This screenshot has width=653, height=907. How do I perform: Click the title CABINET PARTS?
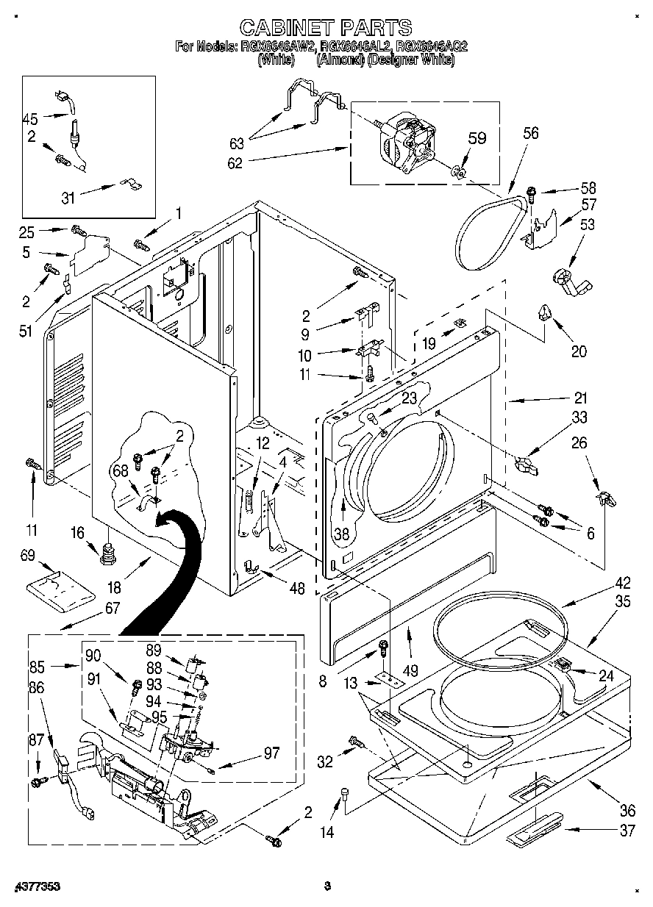(x=326, y=27)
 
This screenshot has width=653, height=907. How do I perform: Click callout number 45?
(x=30, y=118)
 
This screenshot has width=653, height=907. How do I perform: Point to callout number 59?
(x=477, y=137)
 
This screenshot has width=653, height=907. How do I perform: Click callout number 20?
(x=579, y=351)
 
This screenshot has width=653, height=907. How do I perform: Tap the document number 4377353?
(x=36, y=887)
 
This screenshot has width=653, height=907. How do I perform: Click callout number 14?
(x=327, y=832)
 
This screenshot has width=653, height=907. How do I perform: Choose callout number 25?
(x=27, y=233)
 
